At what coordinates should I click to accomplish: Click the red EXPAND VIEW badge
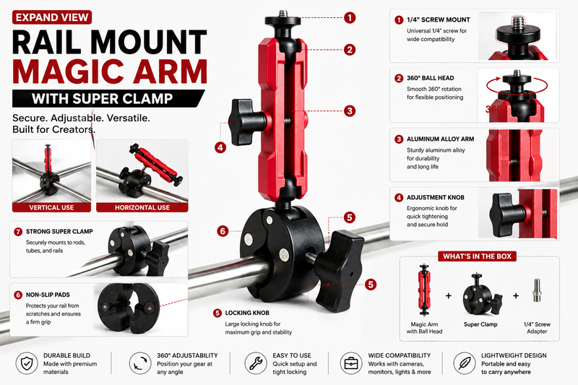(52, 17)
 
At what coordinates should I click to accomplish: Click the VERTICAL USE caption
(51, 207)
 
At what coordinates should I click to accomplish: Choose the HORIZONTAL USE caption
(142, 207)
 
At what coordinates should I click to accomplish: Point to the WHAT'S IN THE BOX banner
(477, 256)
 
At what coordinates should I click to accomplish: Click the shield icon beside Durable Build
(27, 363)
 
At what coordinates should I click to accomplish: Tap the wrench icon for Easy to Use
(256, 363)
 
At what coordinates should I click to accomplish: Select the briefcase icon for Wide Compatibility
(351, 363)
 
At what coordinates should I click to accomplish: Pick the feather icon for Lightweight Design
(465, 363)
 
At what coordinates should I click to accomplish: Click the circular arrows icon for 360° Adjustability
(140, 363)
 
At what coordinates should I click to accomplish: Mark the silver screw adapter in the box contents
(537, 290)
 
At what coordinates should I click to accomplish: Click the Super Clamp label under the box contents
(480, 324)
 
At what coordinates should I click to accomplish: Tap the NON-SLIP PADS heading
(48, 295)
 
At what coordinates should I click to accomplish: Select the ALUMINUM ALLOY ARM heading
(440, 139)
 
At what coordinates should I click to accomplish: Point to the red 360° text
(493, 109)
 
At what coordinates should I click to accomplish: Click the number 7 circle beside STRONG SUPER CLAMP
(18, 232)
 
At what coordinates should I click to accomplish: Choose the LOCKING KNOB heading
(247, 313)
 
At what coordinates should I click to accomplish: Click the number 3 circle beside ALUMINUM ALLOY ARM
(399, 139)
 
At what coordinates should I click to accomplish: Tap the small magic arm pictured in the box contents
(424, 290)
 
